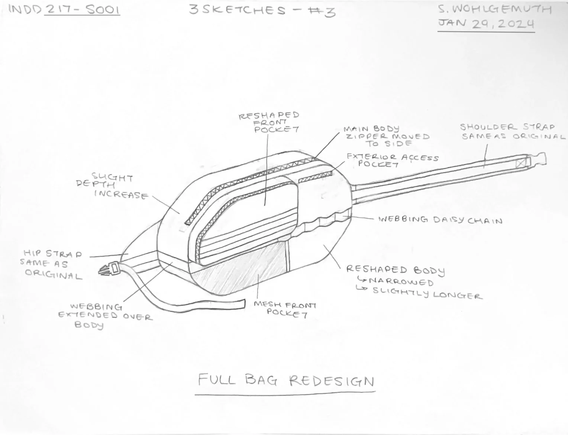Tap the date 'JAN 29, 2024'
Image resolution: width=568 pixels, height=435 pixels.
click(x=486, y=24)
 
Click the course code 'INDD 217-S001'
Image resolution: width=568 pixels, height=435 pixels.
click(x=64, y=9)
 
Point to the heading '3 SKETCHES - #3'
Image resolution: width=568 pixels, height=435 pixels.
click(x=262, y=10)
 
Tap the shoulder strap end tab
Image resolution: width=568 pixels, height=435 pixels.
click(x=538, y=159)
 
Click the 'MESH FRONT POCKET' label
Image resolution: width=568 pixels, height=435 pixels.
click(x=285, y=309)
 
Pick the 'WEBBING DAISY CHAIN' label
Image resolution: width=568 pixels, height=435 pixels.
click(x=440, y=220)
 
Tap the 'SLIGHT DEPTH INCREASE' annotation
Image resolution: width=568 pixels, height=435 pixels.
click(x=112, y=186)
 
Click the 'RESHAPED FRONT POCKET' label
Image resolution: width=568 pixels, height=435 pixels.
click(x=269, y=122)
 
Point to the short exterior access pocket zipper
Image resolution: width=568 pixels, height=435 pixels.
click(x=315, y=176)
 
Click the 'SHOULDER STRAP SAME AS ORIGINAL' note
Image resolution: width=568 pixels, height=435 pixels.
click(x=513, y=132)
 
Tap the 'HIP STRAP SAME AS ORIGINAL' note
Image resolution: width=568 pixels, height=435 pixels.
click(x=52, y=265)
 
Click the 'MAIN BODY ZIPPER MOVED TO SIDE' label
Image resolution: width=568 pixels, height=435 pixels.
click(x=387, y=136)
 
